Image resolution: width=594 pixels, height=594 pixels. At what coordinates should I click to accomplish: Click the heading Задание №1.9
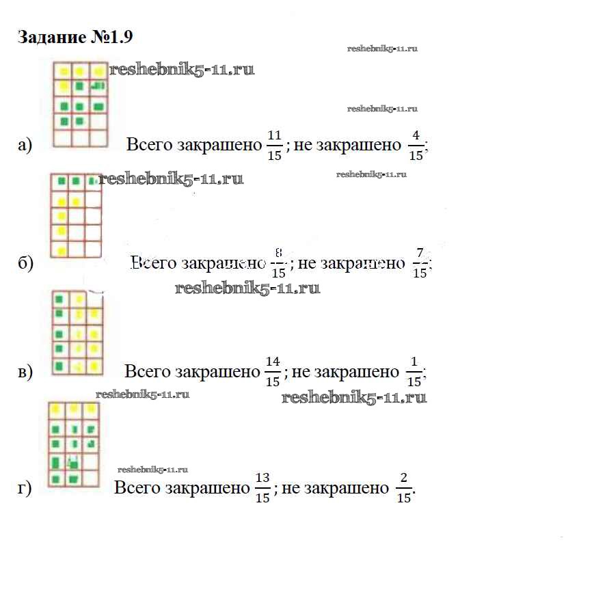click(70, 37)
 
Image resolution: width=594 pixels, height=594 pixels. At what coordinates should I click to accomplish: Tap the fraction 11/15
click(274, 145)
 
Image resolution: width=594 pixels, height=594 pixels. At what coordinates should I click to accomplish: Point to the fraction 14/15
click(272, 373)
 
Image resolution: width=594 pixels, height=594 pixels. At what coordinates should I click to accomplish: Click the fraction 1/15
click(414, 373)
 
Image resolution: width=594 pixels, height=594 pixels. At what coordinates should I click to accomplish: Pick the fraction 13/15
click(262, 489)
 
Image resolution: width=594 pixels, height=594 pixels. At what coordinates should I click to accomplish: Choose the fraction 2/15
click(404, 489)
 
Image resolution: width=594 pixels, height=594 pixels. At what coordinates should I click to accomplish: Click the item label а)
click(25, 145)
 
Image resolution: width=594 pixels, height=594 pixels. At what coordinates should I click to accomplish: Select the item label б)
click(25, 264)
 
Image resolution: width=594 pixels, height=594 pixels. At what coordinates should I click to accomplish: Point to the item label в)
click(25, 373)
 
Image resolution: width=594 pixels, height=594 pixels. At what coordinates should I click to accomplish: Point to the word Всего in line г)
click(137, 488)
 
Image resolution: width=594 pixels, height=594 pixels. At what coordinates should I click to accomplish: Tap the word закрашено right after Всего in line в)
click(218, 372)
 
